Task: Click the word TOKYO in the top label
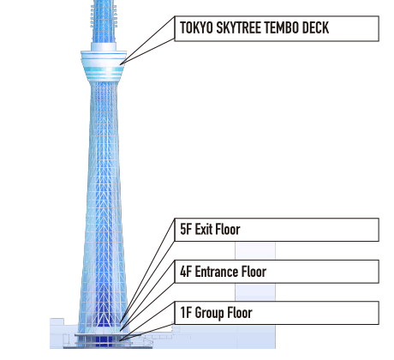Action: click(196, 28)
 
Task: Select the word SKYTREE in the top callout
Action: click(238, 28)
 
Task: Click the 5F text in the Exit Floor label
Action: click(186, 229)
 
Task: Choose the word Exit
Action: click(204, 229)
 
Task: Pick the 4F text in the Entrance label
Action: click(186, 272)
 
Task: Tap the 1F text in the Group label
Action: click(186, 313)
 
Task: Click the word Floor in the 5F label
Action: click(228, 229)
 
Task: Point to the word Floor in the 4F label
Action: click(254, 272)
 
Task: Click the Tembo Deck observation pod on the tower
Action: click(104, 66)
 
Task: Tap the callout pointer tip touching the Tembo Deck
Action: click(121, 64)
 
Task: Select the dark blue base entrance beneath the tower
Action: click(104, 341)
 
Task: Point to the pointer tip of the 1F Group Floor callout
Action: click(120, 340)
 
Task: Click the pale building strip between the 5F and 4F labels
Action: click(255, 250)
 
